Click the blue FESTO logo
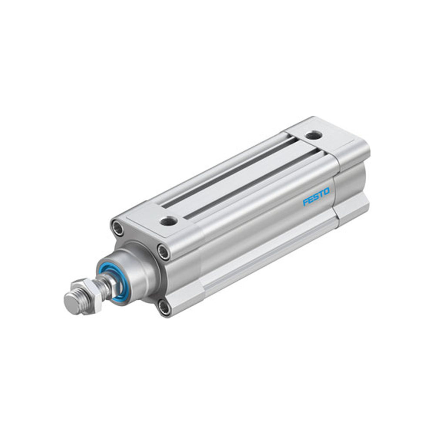click(316, 197)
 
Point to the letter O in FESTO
click(326, 191)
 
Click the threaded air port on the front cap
click(168, 221)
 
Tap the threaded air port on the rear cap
click(314, 135)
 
